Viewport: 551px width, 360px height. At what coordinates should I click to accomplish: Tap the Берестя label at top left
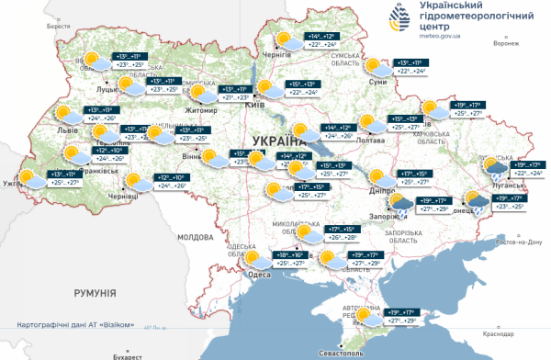tap(59, 27)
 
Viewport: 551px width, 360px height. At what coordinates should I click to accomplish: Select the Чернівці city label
tap(122, 197)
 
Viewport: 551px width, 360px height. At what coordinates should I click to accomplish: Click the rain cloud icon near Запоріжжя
tap(401, 203)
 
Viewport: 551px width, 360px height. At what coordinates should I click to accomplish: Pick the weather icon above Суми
tap(377, 67)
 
